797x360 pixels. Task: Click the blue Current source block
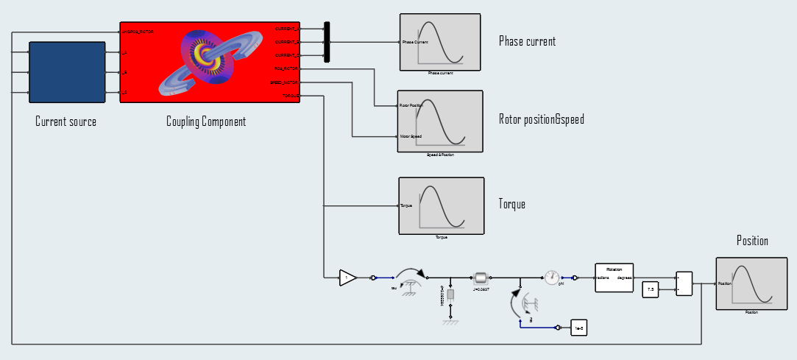(x=65, y=72)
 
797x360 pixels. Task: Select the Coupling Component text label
(x=206, y=121)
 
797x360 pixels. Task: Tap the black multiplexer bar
(x=327, y=42)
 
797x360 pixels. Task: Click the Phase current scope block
(x=440, y=42)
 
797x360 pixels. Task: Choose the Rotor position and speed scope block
(x=440, y=121)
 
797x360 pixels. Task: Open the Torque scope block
(x=441, y=205)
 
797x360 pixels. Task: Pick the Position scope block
(x=751, y=283)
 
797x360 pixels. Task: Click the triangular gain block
(x=347, y=278)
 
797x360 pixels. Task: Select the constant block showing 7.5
(x=650, y=290)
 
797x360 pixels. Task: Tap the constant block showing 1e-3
(x=579, y=328)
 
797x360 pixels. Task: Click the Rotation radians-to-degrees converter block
(x=614, y=278)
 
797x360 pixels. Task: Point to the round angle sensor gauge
(x=552, y=278)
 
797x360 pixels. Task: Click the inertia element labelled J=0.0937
(x=481, y=278)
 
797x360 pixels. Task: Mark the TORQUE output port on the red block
(x=290, y=96)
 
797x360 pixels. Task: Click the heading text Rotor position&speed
(x=541, y=119)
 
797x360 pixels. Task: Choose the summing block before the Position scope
(x=684, y=283)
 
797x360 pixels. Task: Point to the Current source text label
(x=65, y=121)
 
